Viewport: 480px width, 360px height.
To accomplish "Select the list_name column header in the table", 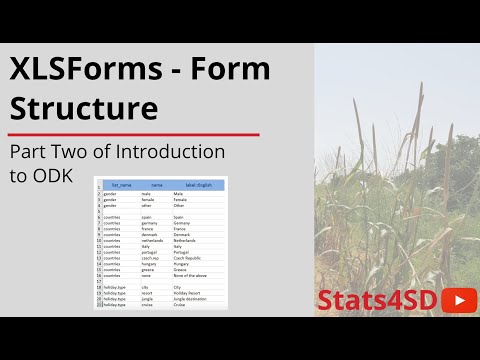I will (121, 185).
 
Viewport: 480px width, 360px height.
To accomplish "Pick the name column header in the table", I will (156, 185).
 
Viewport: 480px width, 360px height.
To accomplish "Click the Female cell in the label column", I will (180, 199).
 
